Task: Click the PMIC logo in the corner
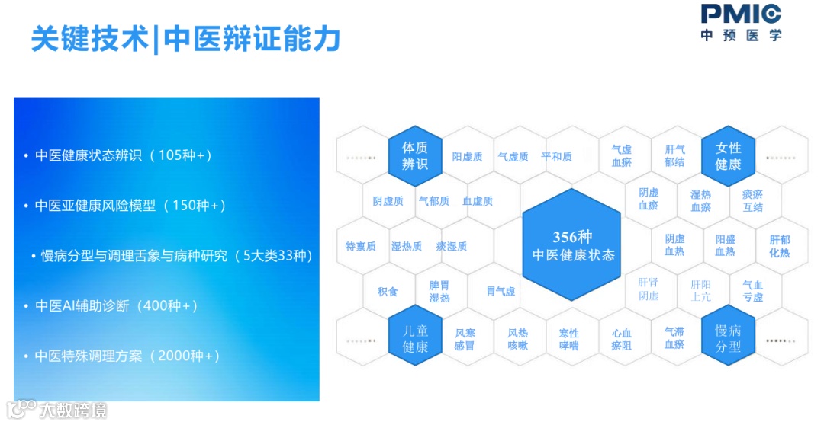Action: point(741,22)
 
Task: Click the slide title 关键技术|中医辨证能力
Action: point(185,39)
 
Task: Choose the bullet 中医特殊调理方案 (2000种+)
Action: point(127,356)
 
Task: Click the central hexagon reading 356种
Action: point(572,246)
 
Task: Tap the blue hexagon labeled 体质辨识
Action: point(415,155)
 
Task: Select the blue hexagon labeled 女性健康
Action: point(728,155)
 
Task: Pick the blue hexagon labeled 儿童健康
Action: point(415,339)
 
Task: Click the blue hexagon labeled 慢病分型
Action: point(728,339)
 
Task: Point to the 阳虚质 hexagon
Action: point(467,157)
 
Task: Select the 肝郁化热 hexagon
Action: point(779,246)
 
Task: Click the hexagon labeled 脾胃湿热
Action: point(439,291)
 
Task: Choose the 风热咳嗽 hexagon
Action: point(517,339)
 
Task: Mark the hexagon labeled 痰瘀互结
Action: point(752,200)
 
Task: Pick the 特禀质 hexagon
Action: point(361,246)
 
